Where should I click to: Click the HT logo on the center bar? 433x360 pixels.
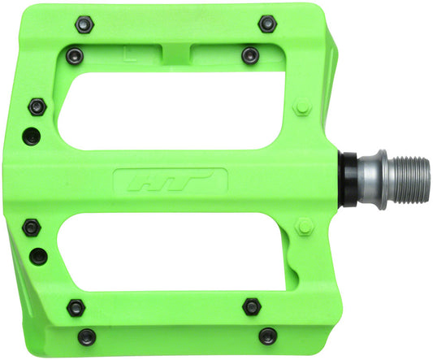tap(171, 180)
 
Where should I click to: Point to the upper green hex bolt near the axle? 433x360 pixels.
tap(302, 106)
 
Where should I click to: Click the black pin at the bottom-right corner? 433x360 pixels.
tap(266, 334)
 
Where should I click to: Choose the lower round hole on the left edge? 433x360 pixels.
tap(37, 257)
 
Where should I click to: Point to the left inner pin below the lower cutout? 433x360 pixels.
tap(76, 306)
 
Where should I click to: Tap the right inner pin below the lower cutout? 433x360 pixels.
tap(252, 306)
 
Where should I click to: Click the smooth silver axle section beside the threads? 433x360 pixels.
tap(370, 172)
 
